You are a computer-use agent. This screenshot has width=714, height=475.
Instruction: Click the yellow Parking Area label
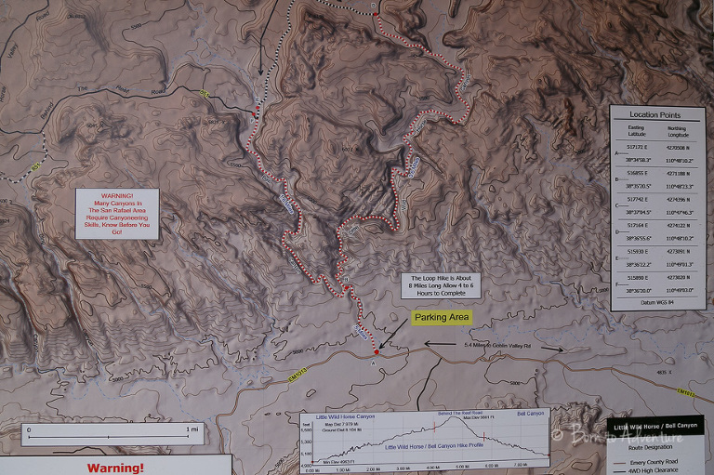coord(442,317)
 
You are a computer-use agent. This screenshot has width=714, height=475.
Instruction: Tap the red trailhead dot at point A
coord(376,352)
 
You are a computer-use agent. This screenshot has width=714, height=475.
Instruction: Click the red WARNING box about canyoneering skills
coord(116,214)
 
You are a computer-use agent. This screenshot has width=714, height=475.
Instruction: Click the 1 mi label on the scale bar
coord(192,429)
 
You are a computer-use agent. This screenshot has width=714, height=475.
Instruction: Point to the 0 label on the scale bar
coord(29,429)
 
